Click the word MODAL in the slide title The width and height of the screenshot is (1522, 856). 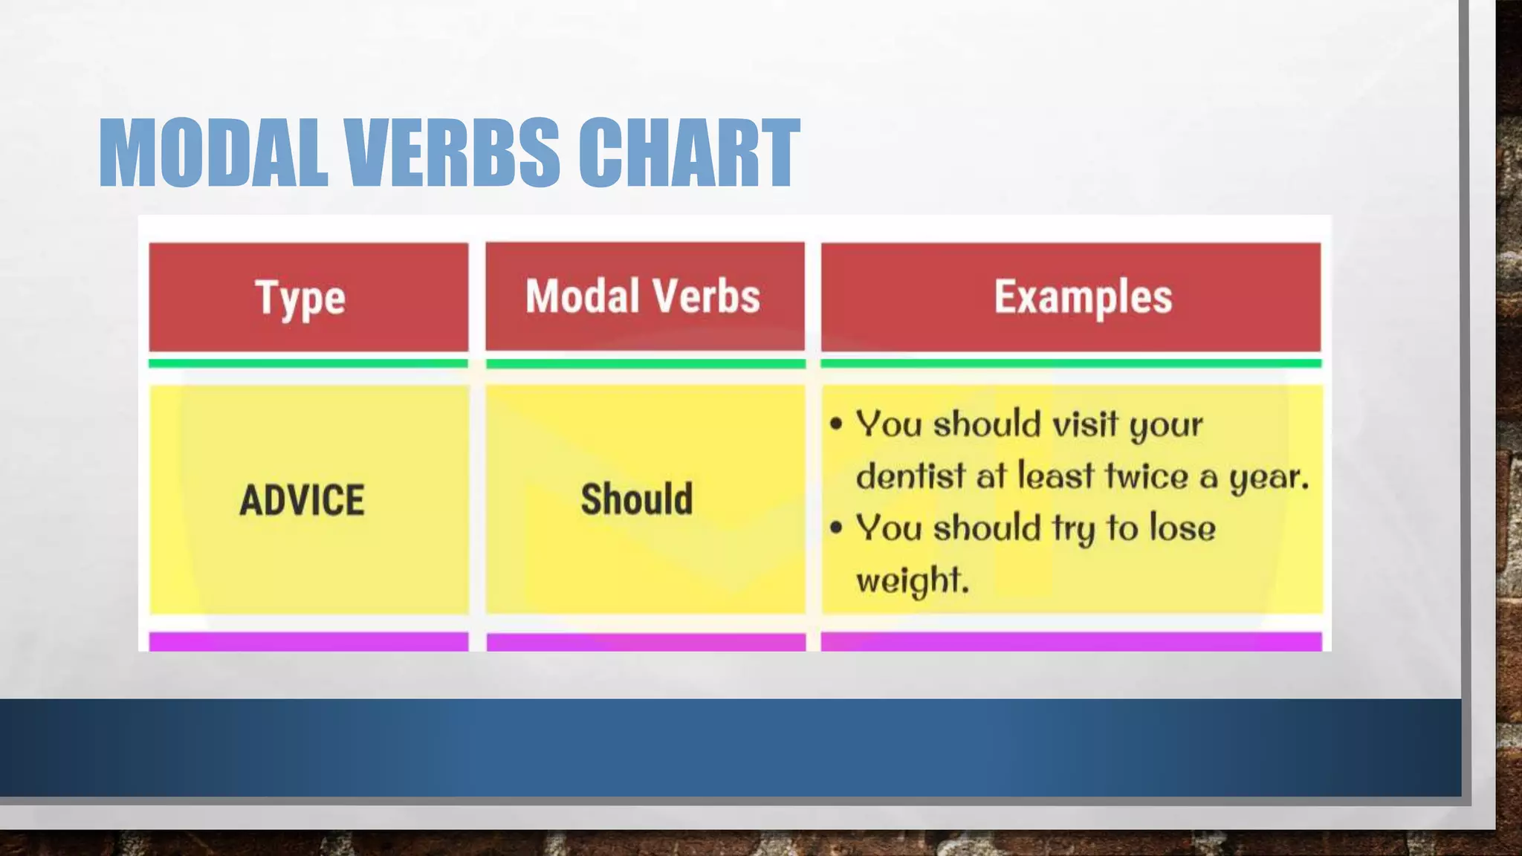point(213,153)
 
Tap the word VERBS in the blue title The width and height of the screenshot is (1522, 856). point(452,153)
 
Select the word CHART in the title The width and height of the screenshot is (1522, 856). point(688,153)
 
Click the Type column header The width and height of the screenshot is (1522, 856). point(300,298)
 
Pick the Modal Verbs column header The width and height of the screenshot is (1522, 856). point(643,296)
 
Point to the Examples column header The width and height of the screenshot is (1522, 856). point(1083,297)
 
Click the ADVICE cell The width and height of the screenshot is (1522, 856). point(302,499)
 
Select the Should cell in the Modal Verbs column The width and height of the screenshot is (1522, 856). point(637,499)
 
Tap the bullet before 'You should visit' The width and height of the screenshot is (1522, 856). point(837,424)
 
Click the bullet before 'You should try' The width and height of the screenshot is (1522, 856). point(837,528)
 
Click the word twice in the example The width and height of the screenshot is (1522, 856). point(1147,476)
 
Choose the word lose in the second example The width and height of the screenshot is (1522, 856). point(1182,528)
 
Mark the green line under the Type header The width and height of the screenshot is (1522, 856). point(308,363)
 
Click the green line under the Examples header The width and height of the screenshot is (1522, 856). point(1071,363)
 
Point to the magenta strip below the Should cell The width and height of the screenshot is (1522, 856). point(646,642)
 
